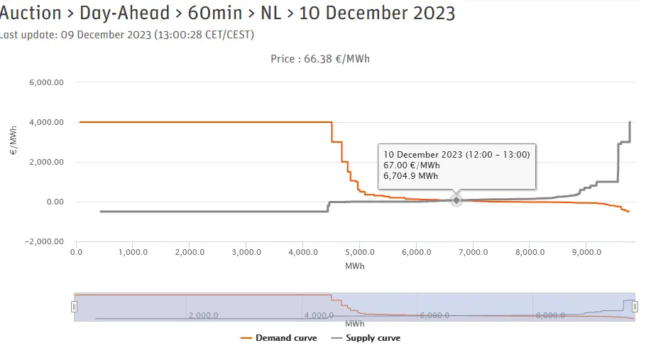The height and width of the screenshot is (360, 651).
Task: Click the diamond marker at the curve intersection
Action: click(456, 200)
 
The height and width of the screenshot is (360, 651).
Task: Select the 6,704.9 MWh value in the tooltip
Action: click(411, 176)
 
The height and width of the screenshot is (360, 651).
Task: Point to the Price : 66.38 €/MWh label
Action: click(320, 59)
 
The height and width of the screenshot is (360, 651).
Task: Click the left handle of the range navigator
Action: click(74, 307)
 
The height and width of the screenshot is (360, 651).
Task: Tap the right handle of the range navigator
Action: click(635, 307)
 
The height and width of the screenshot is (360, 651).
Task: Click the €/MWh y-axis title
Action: click(13, 142)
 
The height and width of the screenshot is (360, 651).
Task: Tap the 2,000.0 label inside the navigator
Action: click(203, 315)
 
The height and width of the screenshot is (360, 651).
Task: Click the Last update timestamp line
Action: click(128, 34)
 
